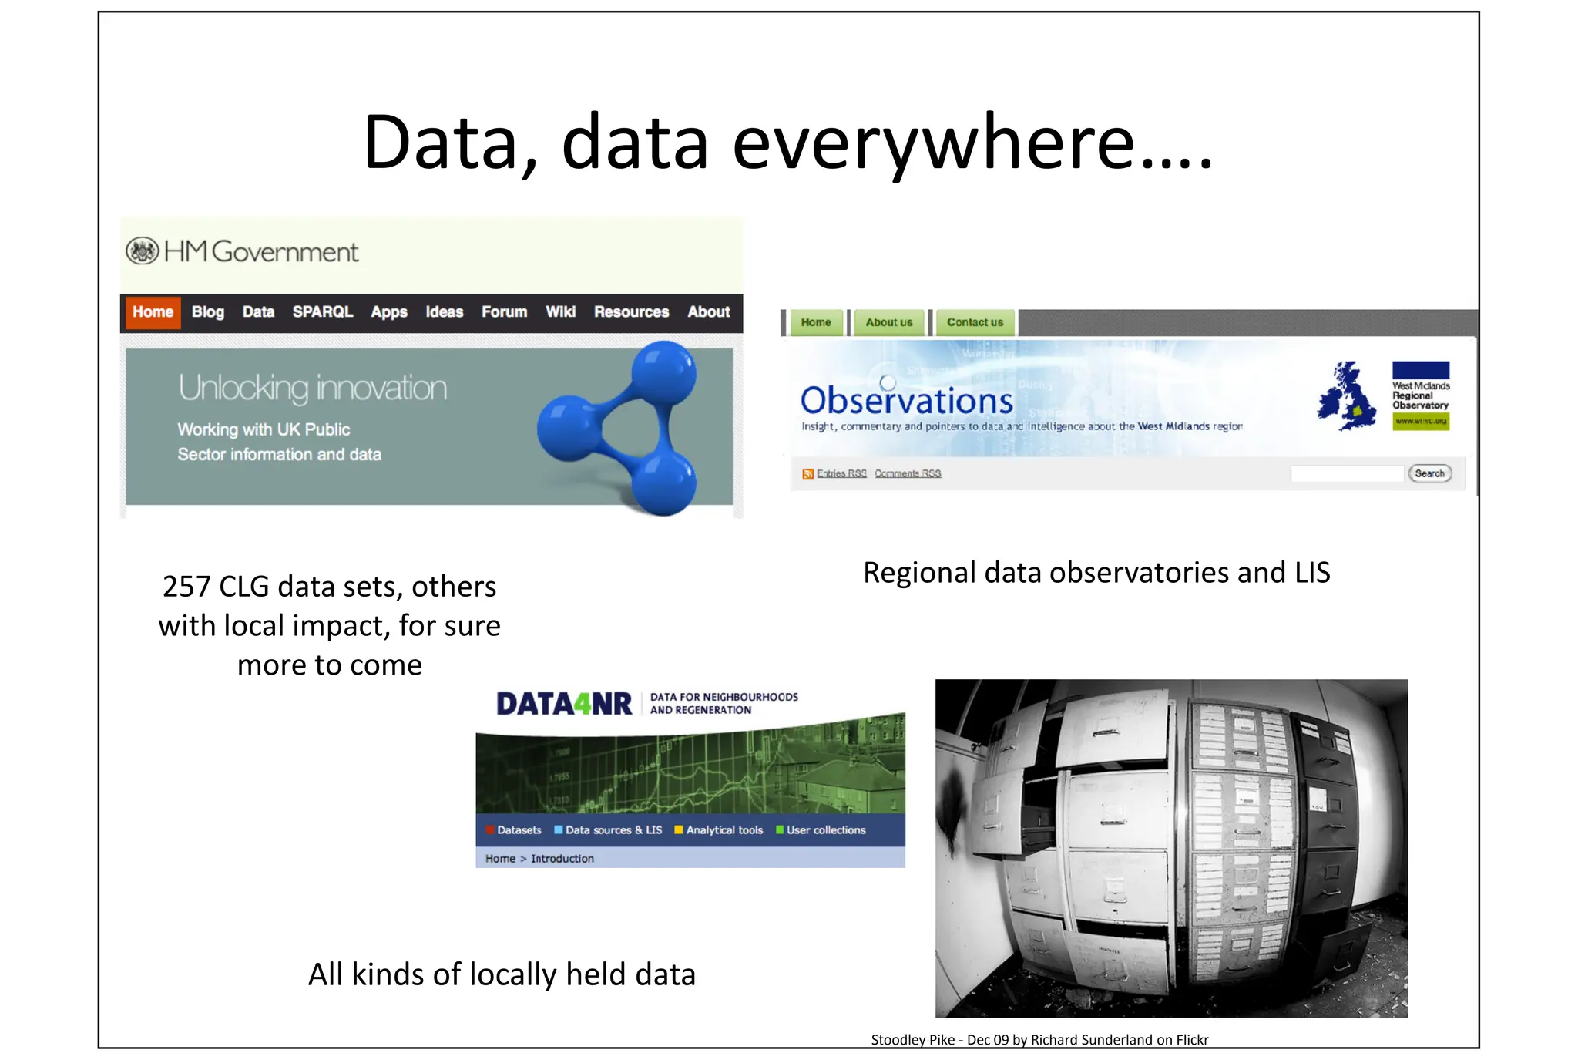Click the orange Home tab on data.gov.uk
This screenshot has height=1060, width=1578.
153,312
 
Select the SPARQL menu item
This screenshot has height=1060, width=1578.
322,312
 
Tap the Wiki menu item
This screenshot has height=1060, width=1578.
560,312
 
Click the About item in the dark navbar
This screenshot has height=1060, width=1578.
708,312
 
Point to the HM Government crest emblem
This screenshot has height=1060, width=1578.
142,251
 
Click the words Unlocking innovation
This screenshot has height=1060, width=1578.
312,388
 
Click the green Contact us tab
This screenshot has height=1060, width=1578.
975,322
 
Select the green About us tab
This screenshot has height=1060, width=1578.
888,322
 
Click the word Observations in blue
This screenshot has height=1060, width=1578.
907,401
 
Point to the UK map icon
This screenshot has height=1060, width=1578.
1346,396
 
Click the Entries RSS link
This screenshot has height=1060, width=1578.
841,473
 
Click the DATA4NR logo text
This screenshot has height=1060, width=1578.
564,704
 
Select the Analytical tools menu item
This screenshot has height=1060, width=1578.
724,830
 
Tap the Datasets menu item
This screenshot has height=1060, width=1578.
519,830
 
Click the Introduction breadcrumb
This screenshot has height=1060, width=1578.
562,859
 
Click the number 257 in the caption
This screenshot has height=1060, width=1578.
186,587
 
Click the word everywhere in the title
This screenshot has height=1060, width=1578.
932,143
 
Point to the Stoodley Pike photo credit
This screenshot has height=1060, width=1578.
1039,1040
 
